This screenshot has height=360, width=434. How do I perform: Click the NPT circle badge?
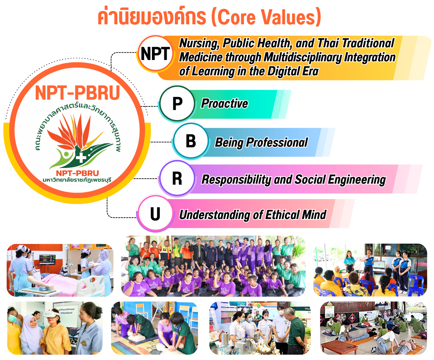click(155, 54)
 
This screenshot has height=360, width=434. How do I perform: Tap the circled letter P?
click(177, 103)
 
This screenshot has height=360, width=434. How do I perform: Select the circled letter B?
click(191, 141)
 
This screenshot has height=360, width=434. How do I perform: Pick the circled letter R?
click(177, 178)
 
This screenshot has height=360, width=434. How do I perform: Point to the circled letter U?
click(155, 214)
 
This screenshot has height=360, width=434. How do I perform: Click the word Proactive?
click(224, 104)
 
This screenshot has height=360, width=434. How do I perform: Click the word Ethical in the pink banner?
click(282, 215)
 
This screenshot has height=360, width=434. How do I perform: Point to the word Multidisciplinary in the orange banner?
click(303, 57)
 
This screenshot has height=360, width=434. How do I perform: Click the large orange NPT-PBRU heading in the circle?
click(78, 93)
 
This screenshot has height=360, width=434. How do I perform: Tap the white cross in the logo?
click(81, 158)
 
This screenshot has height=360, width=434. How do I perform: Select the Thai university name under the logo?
click(77, 180)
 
